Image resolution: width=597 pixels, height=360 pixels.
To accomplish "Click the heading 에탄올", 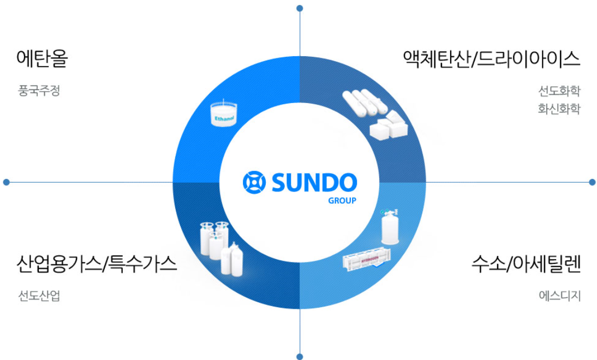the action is (x=42, y=58).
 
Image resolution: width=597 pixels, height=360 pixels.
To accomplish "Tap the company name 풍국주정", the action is (x=38, y=91).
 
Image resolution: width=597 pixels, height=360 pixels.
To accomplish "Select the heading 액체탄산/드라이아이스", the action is (x=491, y=58).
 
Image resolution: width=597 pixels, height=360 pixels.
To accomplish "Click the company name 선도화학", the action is (x=559, y=90).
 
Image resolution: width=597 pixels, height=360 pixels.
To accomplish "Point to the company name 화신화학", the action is (x=559, y=109).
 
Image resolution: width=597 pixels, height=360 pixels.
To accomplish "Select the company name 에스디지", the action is (x=559, y=296).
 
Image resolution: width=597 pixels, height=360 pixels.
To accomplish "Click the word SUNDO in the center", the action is (x=314, y=182).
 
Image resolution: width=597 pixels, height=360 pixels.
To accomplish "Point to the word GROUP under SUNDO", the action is (x=342, y=200).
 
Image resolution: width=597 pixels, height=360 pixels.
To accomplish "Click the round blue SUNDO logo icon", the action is (x=254, y=182).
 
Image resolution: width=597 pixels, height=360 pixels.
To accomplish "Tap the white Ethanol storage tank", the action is (x=223, y=113).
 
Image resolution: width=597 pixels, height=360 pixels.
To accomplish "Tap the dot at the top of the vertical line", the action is (x=300, y=8).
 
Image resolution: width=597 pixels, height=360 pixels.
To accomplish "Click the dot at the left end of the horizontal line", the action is (x=7, y=182).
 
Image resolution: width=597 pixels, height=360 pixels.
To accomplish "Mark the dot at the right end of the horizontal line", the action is (x=592, y=182).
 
